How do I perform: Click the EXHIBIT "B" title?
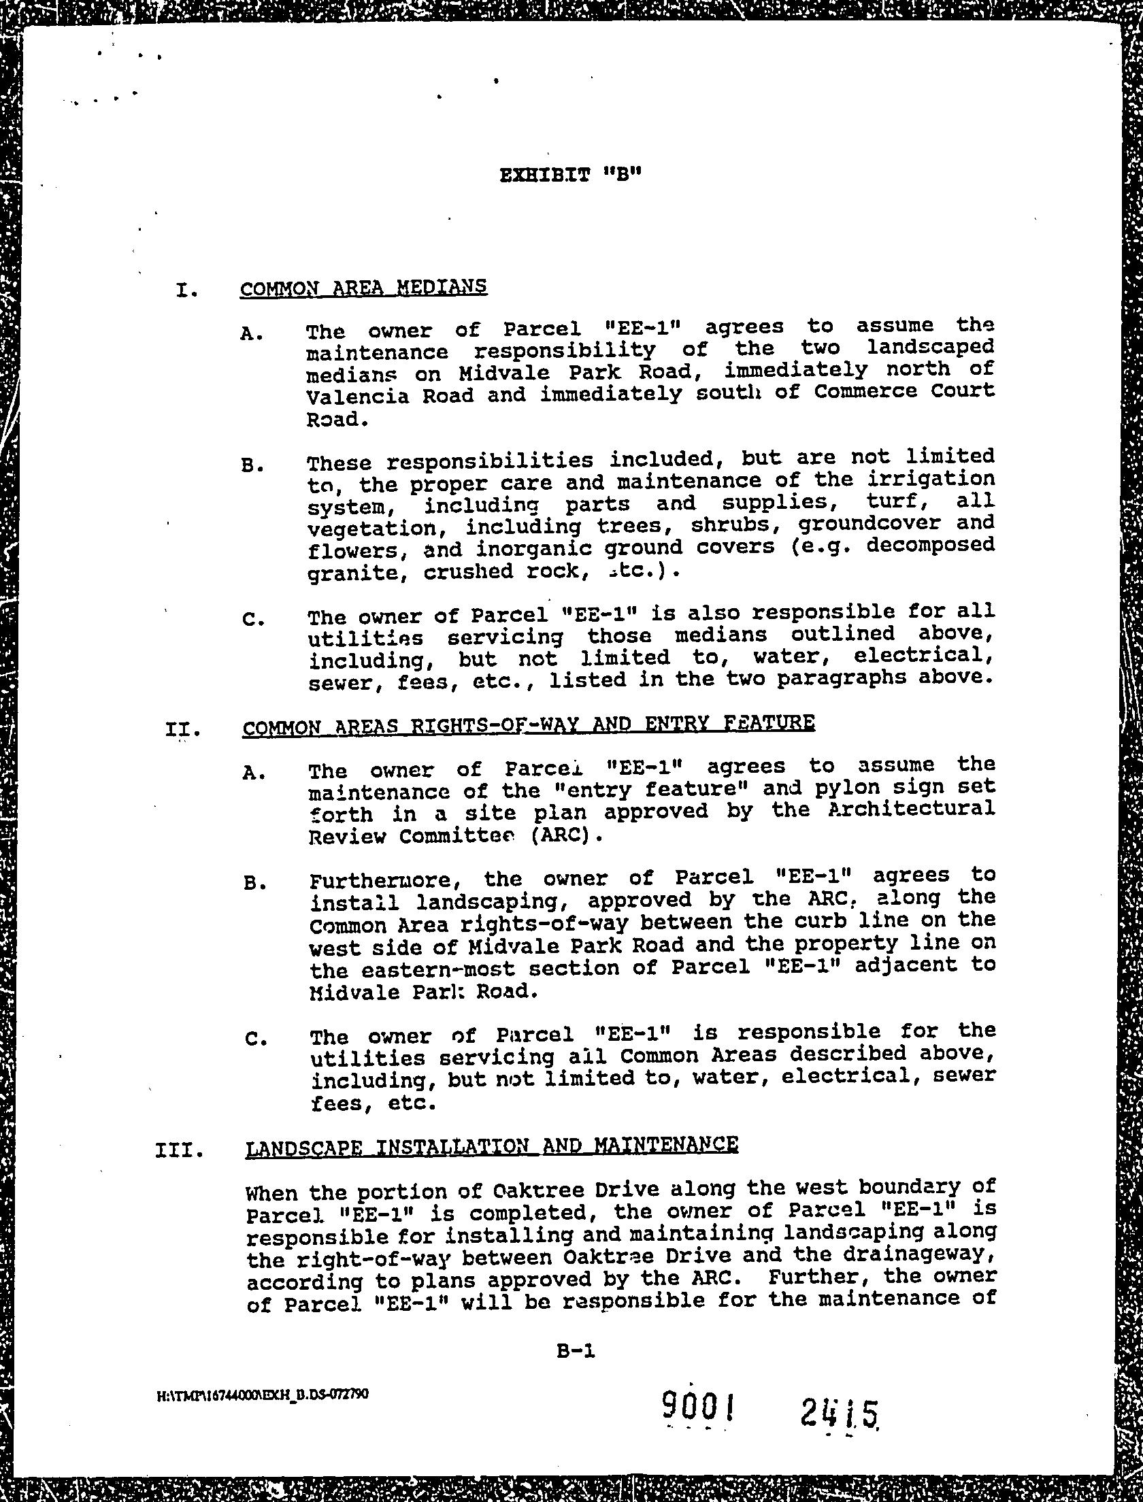pos(571,175)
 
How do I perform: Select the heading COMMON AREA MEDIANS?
pos(363,288)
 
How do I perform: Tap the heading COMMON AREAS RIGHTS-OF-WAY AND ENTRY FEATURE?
pos(529,724)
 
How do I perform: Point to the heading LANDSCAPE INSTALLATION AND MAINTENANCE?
pos(491,1146)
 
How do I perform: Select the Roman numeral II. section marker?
pos(183,730)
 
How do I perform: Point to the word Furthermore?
pos(388,880)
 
